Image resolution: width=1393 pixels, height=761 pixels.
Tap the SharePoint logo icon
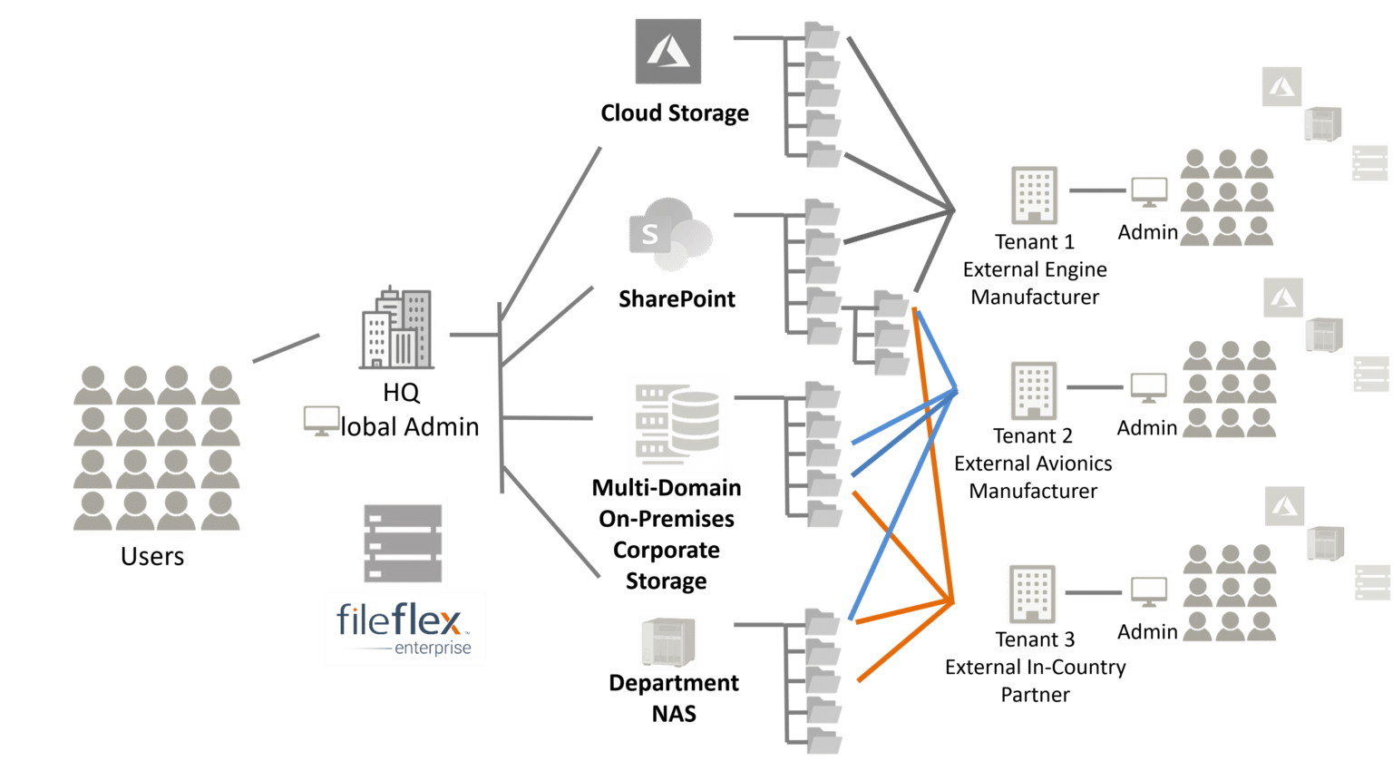pyautogui.click(x=670, y=235)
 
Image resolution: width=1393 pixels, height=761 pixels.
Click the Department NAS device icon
pyautogui.click(x=667, y=642)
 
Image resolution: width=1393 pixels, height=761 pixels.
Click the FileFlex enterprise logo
pyautogui.click(x=405, y=629)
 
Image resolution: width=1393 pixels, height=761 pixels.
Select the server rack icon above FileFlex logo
pyautogui.click(x=403, y=543)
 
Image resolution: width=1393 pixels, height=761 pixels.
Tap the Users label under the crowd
pyautogui.click(x=152, y=556)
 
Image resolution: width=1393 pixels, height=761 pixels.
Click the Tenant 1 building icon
pyautogui.click(x=1034, y=195)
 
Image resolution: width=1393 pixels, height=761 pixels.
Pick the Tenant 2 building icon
pyautogui.click(x=1033, y=390)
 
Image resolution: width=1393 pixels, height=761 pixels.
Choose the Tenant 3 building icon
pyautogui.click(x=1032, y=594)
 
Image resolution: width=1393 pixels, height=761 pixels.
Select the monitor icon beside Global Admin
pyautogui.click(x=321, y=421)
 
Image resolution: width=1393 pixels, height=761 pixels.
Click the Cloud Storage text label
pyautogui.click(x=675, y=113)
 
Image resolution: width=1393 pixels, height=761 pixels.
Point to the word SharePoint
pyautogui.click(x=677, y=298)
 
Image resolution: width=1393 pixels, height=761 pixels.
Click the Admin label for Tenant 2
pyautogui.click(x=1146, y=427)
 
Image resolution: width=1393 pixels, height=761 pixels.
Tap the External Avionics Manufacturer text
pyautogui.click(x=1033, y=477)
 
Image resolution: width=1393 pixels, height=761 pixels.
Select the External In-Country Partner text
pyautogui.click(x=1035, y=680)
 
